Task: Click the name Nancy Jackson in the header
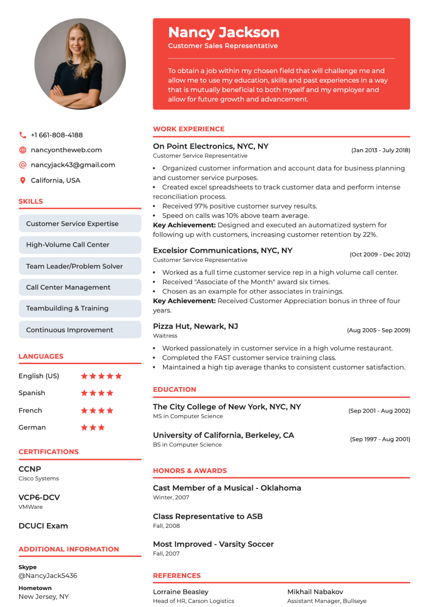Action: [x=224, y=32]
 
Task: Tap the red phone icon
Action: [x=22, y=135]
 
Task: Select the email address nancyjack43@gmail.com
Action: [x=73, y=165]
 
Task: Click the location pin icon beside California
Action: [x=22, y=180]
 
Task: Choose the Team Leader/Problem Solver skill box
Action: [x=80, y=266]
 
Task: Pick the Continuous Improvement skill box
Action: [x=80, y=330]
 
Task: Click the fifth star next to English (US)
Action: [x=118, y=376]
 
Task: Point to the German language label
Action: [x=32, y=428]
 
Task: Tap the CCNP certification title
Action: [x=30, y=469]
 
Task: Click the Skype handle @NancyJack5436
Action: [x=48, y=576]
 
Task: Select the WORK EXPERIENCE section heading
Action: [x=189, y=129]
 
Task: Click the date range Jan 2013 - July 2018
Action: [x=381, y=150]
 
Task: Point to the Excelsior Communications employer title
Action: [x=222, y=251]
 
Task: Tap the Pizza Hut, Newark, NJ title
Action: [x=195, y=326]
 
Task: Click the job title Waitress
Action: [x=165, y=336]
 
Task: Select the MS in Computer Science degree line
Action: [x=188, y=416]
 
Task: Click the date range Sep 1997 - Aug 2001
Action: [x=380, y=439]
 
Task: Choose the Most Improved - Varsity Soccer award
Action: [x=213, y=544]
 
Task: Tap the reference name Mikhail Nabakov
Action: [x=315, y=592]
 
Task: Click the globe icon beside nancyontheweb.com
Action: [x=23, y=150]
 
